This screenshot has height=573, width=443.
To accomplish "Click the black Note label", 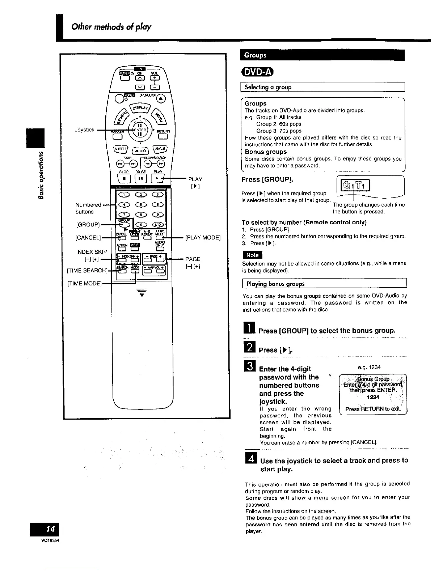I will [x=252, y=255].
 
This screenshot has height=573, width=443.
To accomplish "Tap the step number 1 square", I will [x=250, y=330].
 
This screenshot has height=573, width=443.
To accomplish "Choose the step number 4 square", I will [x=250, y=460].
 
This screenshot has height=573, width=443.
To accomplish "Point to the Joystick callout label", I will [x=84, y=130].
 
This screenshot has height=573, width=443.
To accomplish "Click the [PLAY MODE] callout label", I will [x=203, y=238].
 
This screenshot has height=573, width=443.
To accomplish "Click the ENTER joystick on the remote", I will [x=140, y=129].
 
